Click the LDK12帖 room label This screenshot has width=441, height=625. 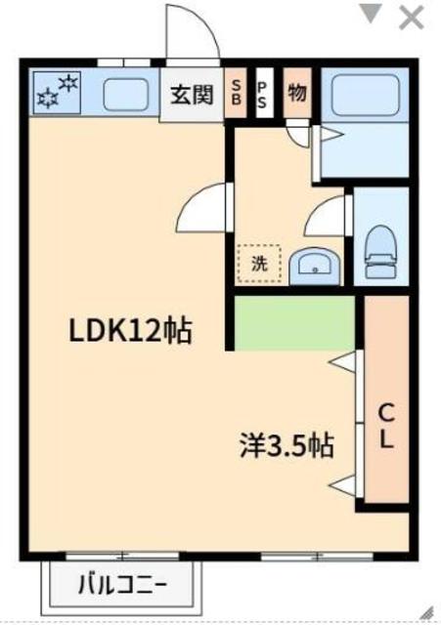click(x=129, y=332)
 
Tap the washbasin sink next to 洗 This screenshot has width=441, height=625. click(x=312, y=262)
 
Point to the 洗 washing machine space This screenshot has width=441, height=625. click(x=259, y=262)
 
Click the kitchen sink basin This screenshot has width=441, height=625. click(x=124, y=94)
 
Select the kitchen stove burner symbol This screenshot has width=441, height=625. click(x=57, y=92)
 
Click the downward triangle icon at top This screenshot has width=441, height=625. click(x=371, y=15)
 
